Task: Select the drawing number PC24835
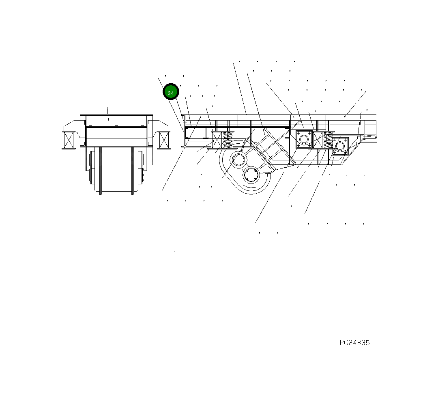(354, 343)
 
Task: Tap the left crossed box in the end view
(69, 140)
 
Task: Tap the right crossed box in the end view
(164, 140)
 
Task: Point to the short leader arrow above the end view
(107, 113)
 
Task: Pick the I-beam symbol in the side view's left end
(206, 133)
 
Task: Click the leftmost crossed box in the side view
(217, 140)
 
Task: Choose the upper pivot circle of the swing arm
(238, 160)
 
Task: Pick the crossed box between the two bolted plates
(318, 140)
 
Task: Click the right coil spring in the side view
(328, 140)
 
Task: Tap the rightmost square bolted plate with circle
(340, 146)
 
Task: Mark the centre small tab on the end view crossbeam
(116, 126)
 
